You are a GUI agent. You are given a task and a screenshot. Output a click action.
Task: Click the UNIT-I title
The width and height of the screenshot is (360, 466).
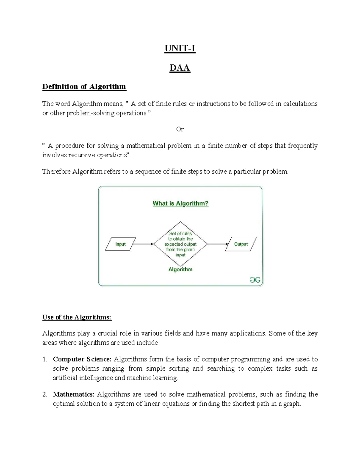tap(180, 48)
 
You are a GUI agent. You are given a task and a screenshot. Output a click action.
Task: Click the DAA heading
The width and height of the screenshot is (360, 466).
tap(180, 68)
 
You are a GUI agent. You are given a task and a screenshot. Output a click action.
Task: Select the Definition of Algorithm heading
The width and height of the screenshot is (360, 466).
tap(84, 87)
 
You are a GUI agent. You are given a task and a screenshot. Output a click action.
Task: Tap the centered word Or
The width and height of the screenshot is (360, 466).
tap(180, 129)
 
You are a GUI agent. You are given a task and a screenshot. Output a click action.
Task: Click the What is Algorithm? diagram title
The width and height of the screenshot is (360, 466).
tap(180, 203)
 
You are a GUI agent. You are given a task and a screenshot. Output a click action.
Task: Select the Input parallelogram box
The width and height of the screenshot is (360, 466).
tap(121, 244)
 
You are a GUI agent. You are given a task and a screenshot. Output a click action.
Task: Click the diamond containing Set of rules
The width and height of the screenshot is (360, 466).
tap(180, 244)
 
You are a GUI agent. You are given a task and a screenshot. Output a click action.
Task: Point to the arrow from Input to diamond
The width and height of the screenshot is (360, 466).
tap(143, 244)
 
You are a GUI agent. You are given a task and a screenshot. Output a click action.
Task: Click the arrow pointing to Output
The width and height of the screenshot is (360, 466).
tap(218, 244)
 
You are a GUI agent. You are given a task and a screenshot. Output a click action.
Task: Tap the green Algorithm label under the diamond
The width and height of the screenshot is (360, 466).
tap(180, 269)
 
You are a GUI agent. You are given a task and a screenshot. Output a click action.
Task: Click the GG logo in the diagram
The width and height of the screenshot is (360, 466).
tap(255, 280)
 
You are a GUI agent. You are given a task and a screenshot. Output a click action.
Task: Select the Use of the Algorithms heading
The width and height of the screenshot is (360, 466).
tap(77, 317)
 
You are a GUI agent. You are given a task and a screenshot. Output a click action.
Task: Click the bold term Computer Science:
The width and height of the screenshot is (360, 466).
tap(82, 359)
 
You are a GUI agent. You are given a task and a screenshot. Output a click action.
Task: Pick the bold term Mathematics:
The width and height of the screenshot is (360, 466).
tap(74, 394)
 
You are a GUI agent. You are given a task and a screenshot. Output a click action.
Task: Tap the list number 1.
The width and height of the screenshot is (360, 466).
tap(44, 359)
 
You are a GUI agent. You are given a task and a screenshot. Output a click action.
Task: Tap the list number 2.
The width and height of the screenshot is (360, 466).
tap(44, 394)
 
